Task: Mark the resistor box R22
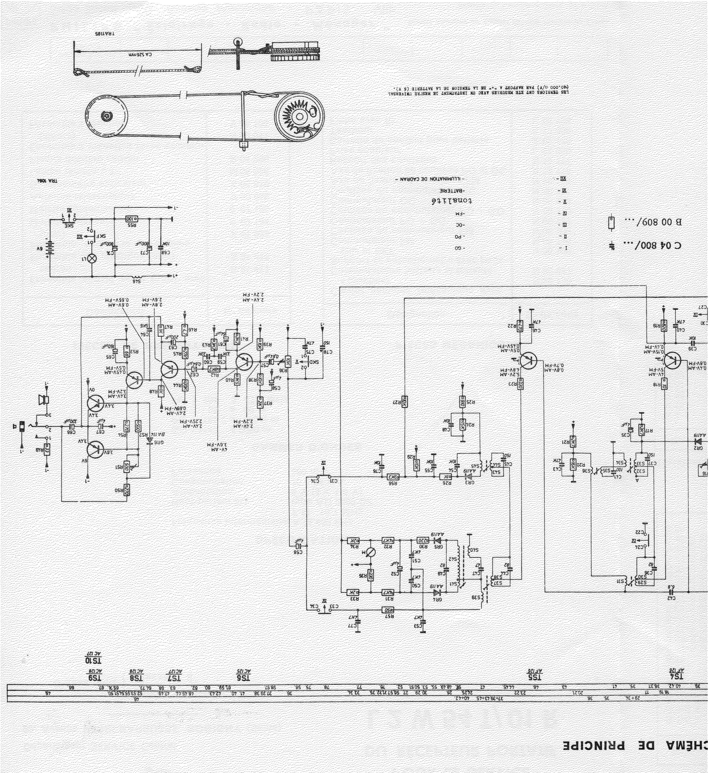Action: coord(520,326)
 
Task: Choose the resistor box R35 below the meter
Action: coord(371,576)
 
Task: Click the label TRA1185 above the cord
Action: coord(104,34)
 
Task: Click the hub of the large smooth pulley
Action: coord(106,115)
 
